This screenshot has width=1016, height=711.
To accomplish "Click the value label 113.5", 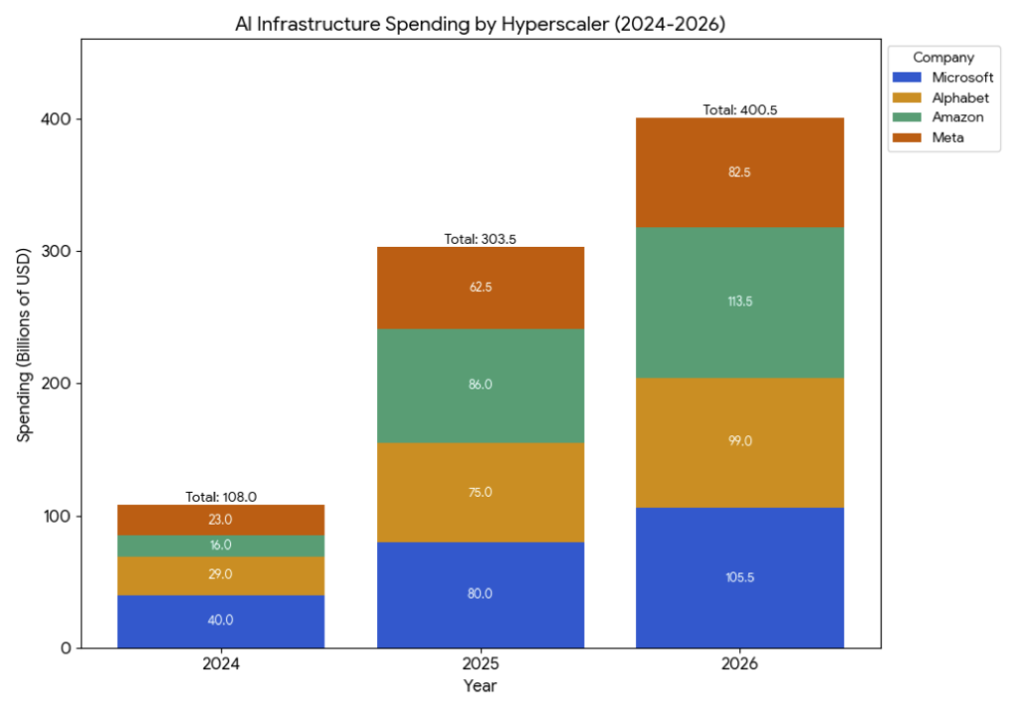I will tap(739, 301).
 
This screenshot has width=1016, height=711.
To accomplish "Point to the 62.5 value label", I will tap(480, 289).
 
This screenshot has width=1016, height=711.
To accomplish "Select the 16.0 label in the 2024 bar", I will tap(220, 545).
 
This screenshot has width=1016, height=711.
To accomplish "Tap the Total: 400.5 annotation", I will tap(739, 110).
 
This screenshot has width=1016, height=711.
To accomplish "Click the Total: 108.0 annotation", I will tap(220, 497).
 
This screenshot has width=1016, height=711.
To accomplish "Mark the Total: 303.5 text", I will tap(480, 239).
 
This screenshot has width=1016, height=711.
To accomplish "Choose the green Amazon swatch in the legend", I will tap(908, 117).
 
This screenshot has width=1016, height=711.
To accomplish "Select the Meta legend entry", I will tap(947, 137).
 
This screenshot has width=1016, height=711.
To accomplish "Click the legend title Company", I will tap(943, 58).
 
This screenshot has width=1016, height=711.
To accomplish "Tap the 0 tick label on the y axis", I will tap(64, 649).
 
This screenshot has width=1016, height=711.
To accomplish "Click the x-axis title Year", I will tap(480, 686).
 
